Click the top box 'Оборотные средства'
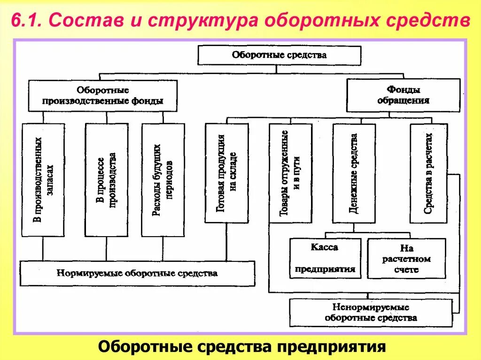[x=279, y=55]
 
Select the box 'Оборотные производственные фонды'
[x=103, y=95]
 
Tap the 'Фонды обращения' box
[x=403, y=95]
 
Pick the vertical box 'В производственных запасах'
[x=43, y=180]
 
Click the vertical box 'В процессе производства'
[x=106, y=180]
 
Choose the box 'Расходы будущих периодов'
[x=163, y=180]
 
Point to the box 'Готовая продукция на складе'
[x=226, y=173]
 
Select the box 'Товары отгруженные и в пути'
[x=290, y=173]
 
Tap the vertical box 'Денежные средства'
[x=354, y=173]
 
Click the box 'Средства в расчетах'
[x=428, y=173]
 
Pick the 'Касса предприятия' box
[x=325, y=258]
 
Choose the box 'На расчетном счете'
[x=406, y=258]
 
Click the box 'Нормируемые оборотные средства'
[x=137, y=273]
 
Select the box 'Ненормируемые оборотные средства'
[x=371, y=313]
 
